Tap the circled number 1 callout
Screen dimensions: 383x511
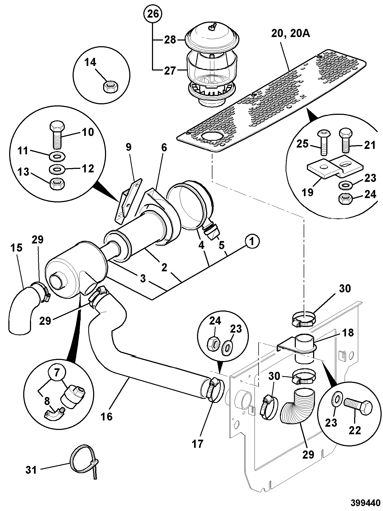[x=252, y=241]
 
